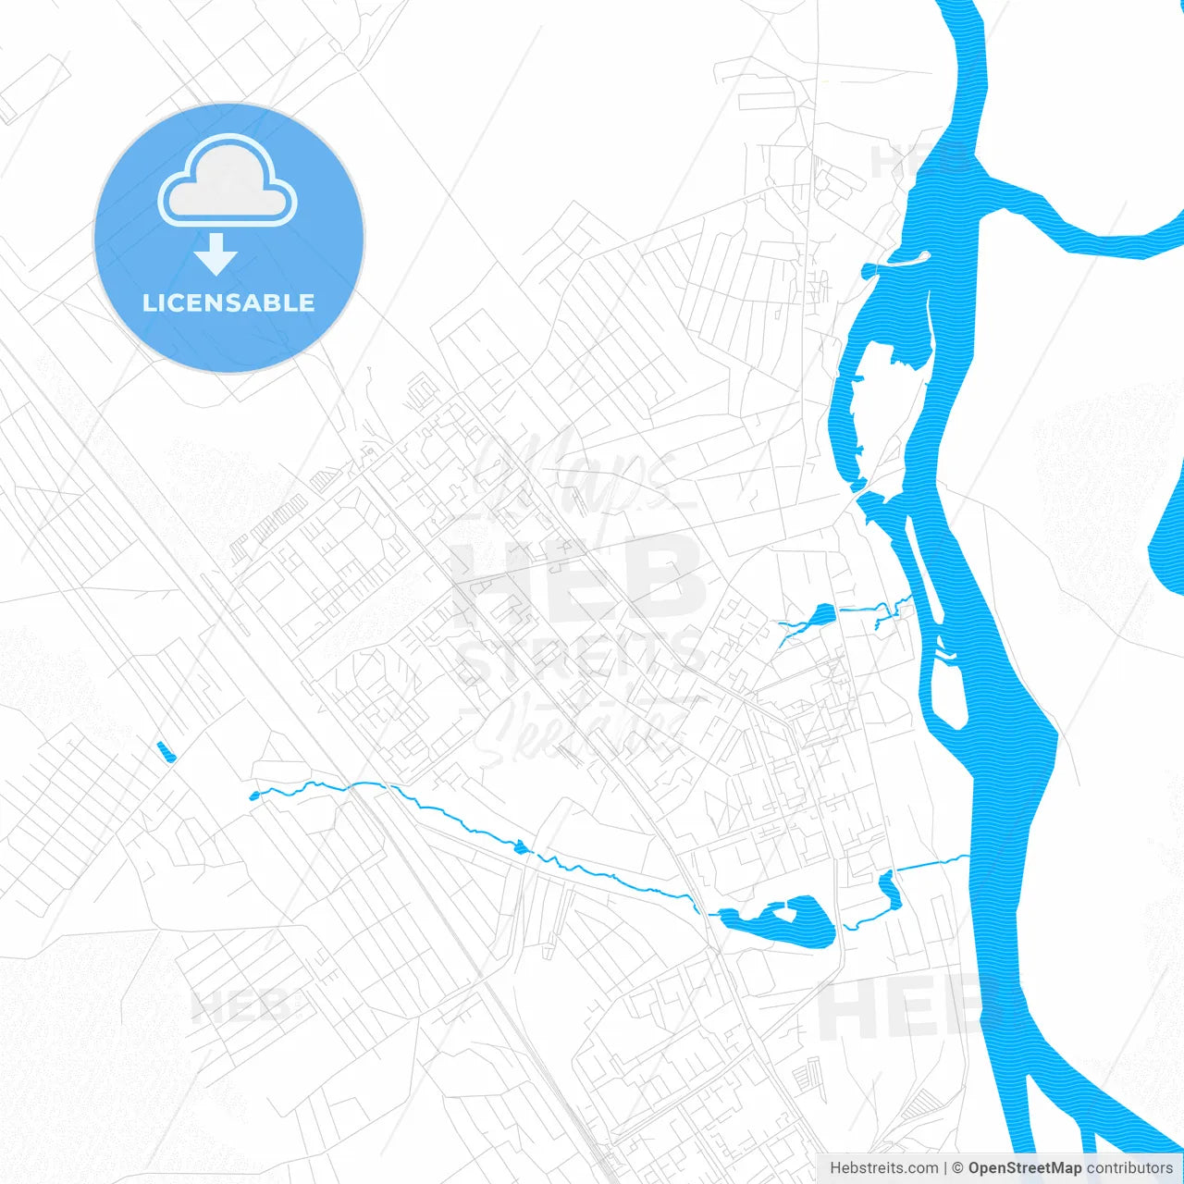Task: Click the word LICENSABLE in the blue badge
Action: pos(228,302)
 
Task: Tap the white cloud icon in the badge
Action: pos(228,183)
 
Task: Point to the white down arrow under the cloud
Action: pos(216,253)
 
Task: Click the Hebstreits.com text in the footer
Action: pos(883,1168)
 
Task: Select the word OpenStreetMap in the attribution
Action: pos(1024,1168)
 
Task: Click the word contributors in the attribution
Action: pos(1129,1168)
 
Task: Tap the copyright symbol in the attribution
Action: pos(958,1168)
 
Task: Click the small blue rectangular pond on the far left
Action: pos(166,752)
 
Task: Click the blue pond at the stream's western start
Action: pos(254,795)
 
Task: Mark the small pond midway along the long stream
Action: pos(521,845)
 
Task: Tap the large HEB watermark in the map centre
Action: pos(578,578)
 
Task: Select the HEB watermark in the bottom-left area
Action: pos(240,1006)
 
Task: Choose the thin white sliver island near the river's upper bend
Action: pos(904,260)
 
